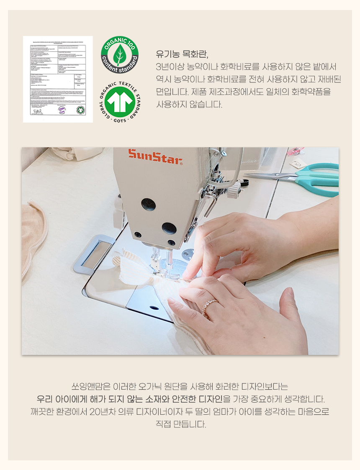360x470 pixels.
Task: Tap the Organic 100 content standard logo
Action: (120, 54)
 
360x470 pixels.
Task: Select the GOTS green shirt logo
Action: (120, 102)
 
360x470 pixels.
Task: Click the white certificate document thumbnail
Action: (58, 79)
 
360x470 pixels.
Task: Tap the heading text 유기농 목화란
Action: (181, 54)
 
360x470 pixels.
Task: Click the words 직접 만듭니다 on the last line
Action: (180, 424)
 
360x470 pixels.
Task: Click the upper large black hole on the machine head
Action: (148, 204)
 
